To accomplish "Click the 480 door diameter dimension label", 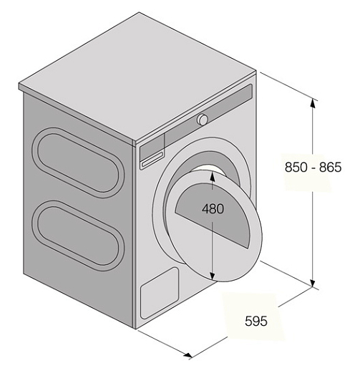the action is (213, 209).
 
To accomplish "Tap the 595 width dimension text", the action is (256, 321).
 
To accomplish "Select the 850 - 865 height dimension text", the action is (313, 167).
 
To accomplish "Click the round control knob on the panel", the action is (203, 120).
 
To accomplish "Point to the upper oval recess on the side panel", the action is (78, 163).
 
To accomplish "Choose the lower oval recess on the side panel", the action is (78, 236).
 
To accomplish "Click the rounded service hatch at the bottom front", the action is (160, 294).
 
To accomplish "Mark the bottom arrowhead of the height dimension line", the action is (313, 283).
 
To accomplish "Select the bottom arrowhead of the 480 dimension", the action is (213, 275).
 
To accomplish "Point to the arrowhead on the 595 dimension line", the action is (188, 355).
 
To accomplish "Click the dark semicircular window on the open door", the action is (213, 214).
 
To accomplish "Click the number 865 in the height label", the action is (331, 167).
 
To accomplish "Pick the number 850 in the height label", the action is (296, 167).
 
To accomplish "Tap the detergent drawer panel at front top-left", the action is (152, 150).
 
